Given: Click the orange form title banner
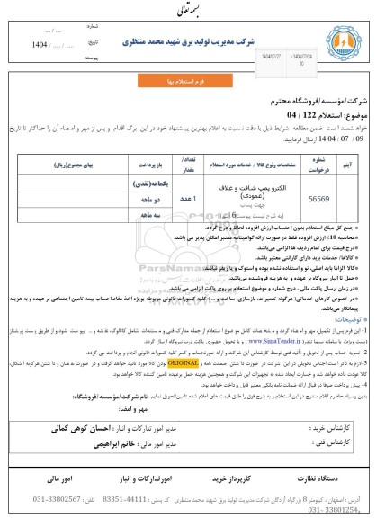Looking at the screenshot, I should click(187, 80).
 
